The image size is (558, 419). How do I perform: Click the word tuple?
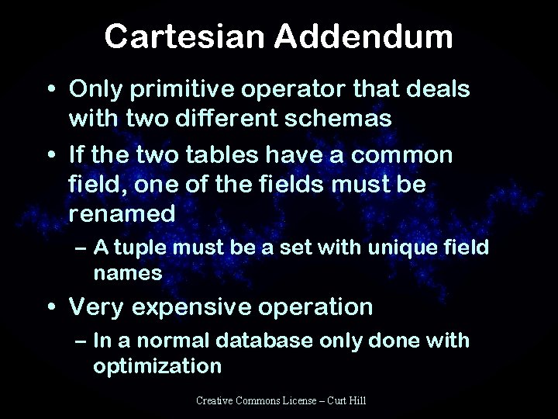(x=148, y=251)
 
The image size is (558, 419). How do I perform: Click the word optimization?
(x=157, y=365)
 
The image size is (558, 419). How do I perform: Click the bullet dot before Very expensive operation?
(x=50, y=306)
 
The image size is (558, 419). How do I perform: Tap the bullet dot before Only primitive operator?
(x=50, y=90)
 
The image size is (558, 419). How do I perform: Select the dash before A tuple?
(x=79, y=251)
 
